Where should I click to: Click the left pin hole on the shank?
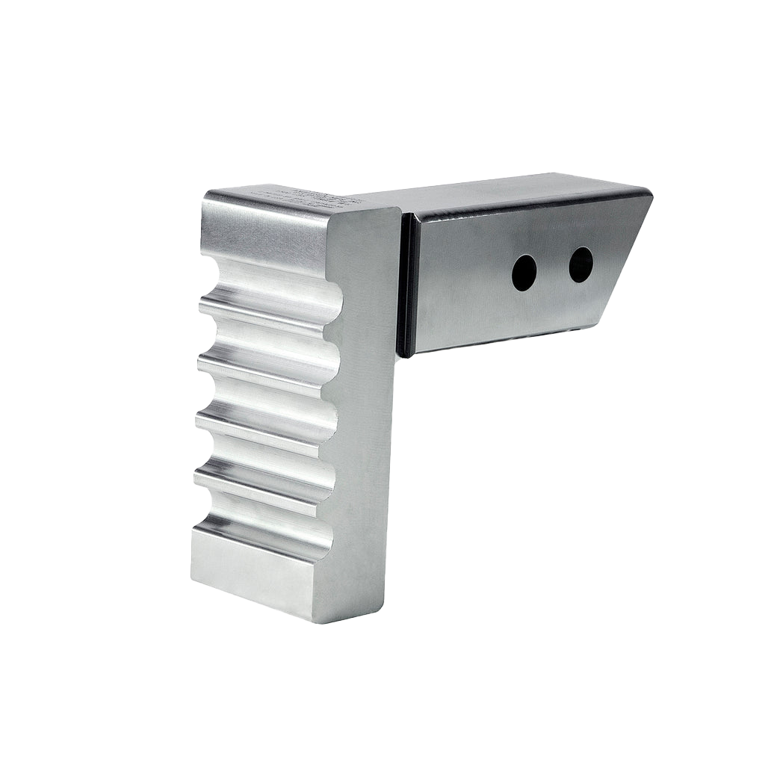[524, 273]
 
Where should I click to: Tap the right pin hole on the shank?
[580, 264]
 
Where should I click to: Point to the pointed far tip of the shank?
[651, 194]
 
